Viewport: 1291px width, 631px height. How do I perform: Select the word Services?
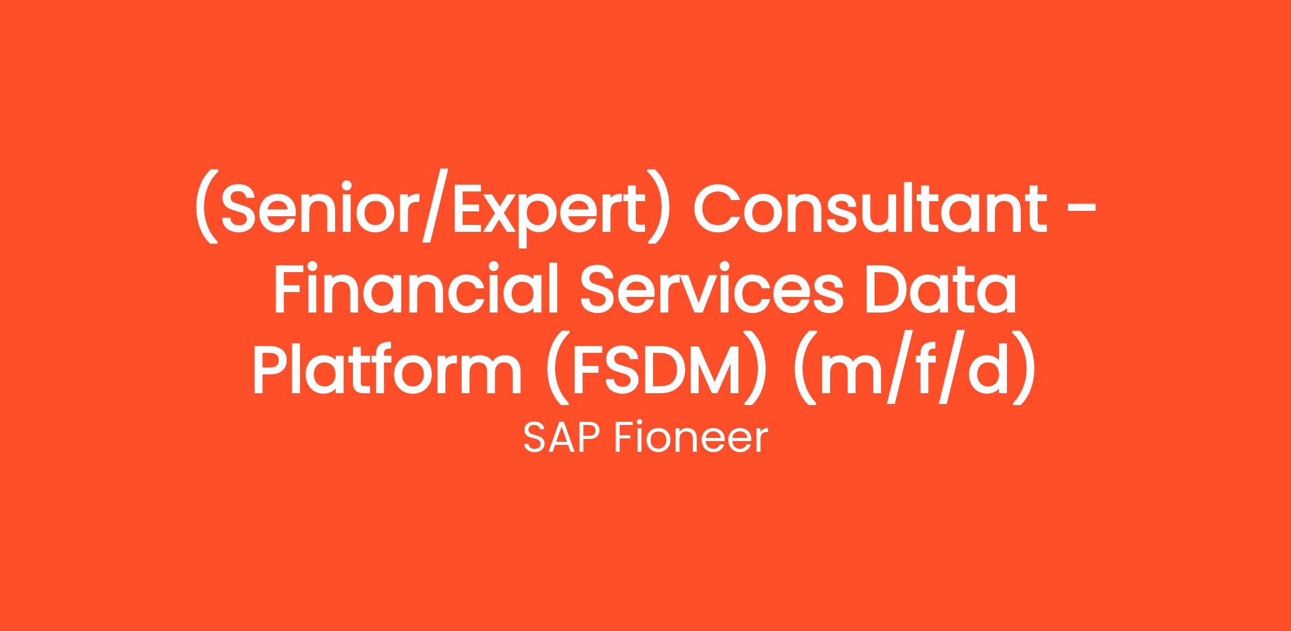coord(711,289)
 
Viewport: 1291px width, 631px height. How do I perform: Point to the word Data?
coord(940,289)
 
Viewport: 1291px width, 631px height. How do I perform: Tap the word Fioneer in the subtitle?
coord(690,438)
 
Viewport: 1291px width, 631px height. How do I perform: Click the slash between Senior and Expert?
coord(432,207)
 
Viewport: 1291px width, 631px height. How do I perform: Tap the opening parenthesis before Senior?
coord(207,208)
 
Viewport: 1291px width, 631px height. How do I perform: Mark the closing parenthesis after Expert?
coord(659,208)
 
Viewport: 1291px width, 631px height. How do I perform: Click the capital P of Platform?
coord(273,369)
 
